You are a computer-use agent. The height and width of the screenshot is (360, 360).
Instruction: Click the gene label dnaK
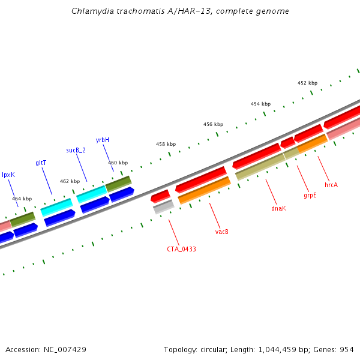(x=278, y=208)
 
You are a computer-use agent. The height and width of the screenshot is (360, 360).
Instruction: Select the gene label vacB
(x=222, y=232)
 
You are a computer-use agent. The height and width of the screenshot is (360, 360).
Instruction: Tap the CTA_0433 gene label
(x=181, y=248)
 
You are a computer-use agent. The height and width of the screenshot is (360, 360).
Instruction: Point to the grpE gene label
(x=310, y=196)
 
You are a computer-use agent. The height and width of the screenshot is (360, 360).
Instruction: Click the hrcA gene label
(x=331, y=185)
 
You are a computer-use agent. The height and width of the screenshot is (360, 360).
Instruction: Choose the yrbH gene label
(x=103, y=140)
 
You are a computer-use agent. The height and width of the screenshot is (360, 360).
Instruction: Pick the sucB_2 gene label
(x=76, y=150)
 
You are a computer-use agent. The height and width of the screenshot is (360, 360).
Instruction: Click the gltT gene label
(x=41, y=163)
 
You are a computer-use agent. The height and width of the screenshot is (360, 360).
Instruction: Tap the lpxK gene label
(x=8, y=175)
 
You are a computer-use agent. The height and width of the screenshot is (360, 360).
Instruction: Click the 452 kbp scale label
(x=307, y=83)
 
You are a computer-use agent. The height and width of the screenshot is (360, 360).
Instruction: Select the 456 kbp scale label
(x=213, y=124)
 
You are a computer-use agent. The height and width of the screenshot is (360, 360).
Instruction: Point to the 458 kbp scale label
(x=166, y=144)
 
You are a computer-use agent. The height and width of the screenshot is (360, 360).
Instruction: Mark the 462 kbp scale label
(x=70, y=181)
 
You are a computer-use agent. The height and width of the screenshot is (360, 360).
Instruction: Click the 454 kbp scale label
(x=260, y=104)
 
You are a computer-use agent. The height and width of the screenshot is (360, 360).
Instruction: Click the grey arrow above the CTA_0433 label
(x=163, y=207)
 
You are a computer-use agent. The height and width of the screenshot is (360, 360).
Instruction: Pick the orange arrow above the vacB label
(x=204, y=190)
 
